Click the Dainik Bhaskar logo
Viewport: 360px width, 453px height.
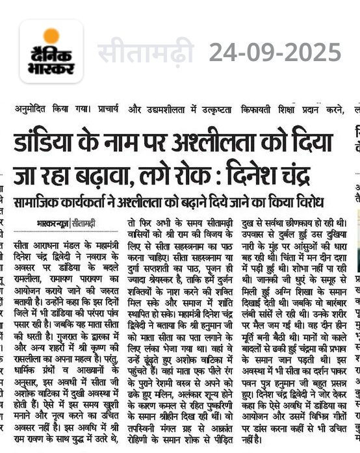pyautogui.click(x=51, y=51)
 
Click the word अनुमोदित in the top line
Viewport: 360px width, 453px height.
pyautogui.click(x=31, y=107)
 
